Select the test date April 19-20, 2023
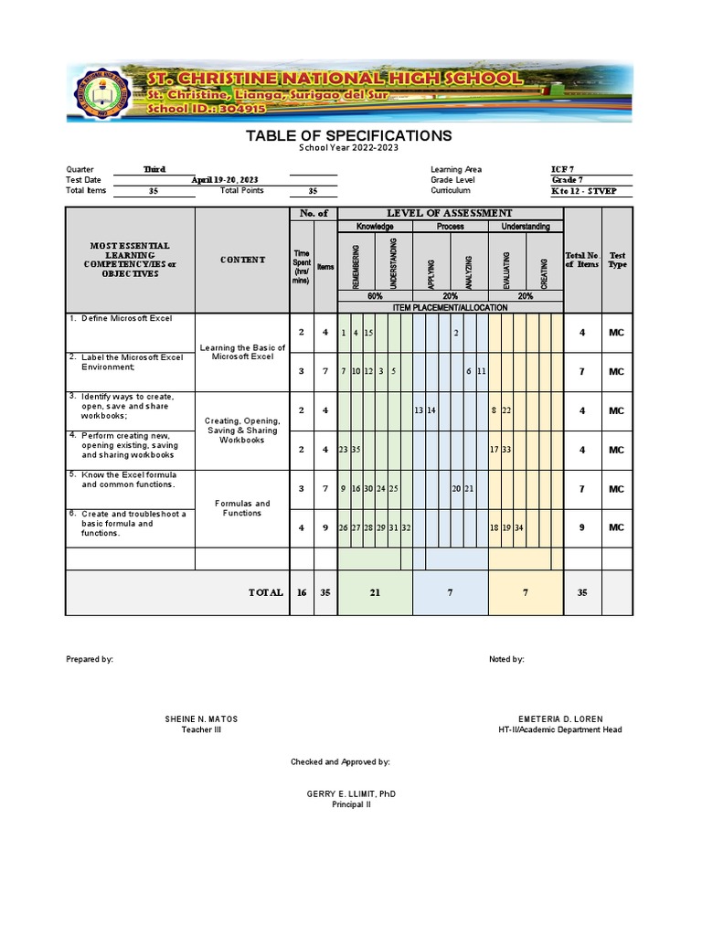point(225,180)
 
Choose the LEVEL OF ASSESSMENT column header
point(450,213)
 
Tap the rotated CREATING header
point(545,271)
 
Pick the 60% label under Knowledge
point(375,297)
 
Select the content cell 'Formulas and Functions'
point(241,508)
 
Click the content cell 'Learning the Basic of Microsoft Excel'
point(241,352)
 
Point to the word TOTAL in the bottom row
point(266,593)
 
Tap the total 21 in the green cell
point(375,593)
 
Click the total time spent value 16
point(302,593)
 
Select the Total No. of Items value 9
point(582,527)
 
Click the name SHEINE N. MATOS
point(201,719)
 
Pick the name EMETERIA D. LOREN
point(560,719)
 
